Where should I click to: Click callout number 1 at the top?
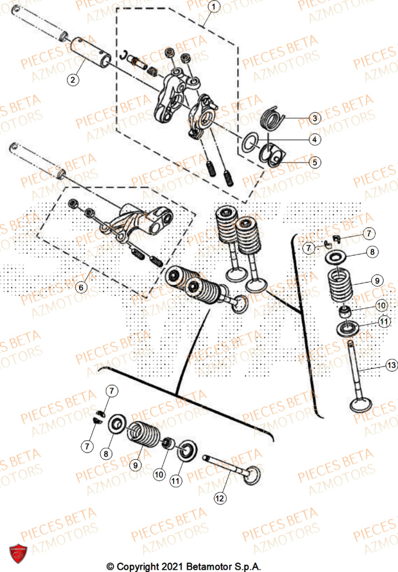click(213, 7)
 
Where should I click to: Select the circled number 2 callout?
click(73, 80)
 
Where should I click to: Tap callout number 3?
click(314, 118)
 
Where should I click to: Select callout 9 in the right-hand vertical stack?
click(376, 280)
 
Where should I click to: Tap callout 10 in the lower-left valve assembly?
click(159, 474)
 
